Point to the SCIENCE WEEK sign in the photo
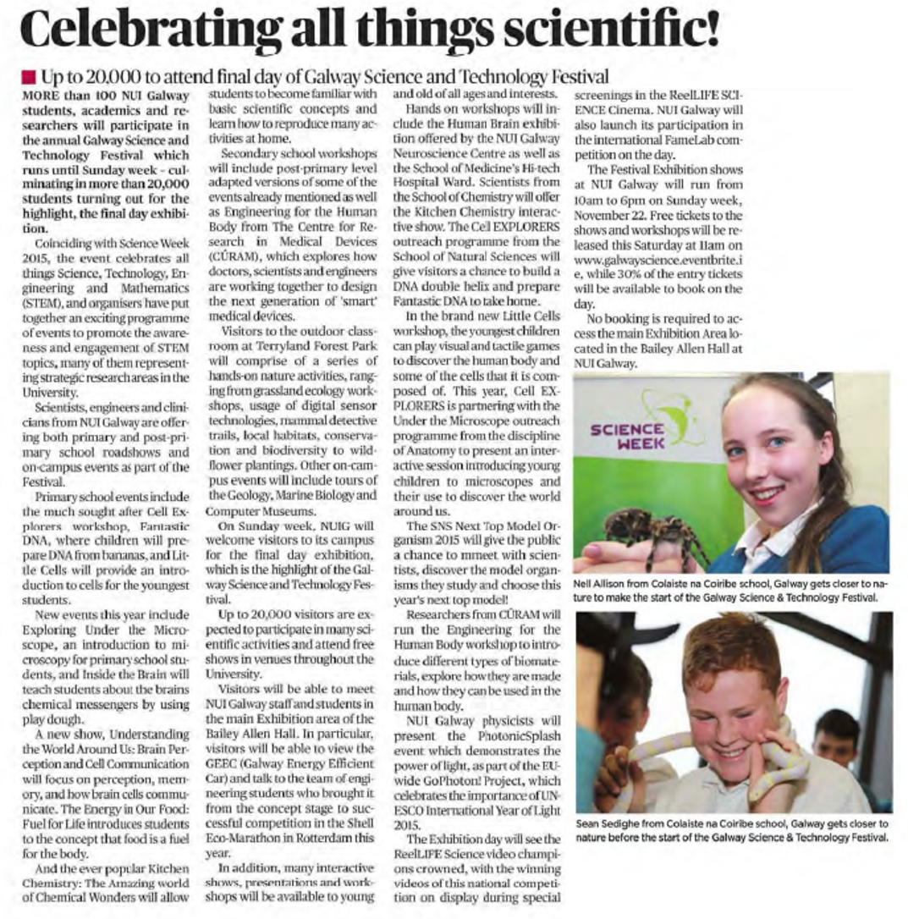pyautogui.click(x=628, y=435)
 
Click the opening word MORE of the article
pyautogui.click(x=41, y=95)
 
